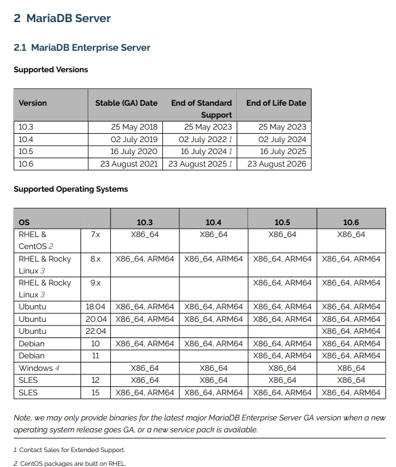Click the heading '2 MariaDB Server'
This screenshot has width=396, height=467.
coord(62,19)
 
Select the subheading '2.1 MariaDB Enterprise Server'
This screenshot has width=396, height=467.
coord(82,48)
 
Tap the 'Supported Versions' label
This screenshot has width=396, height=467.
coord(51,70)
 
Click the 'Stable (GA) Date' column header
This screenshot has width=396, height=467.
coord(126,103)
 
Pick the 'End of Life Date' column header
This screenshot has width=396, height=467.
coord(276,103)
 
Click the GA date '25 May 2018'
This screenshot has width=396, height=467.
coord(134,127)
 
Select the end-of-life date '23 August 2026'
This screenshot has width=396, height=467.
coord(276,164)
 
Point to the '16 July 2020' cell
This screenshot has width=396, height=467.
coord(134,152)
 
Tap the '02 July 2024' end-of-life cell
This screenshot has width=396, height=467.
coord(282,139)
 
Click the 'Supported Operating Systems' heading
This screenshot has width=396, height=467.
coord(70,189)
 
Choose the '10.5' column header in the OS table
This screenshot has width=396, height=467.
coord(282,222)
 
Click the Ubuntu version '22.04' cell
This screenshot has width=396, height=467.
coord(95,331)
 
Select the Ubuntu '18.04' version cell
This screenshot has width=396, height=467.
coord(95,307)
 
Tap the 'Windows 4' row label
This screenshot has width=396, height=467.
coord(39,368)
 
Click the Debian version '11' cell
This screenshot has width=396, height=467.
coord(95,356)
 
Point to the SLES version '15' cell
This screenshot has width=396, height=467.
coord(95,393)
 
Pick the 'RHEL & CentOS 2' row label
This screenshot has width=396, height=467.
coord(36,240)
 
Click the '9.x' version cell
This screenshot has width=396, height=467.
coord(95,283)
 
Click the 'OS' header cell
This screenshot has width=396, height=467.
coord(24,222)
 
